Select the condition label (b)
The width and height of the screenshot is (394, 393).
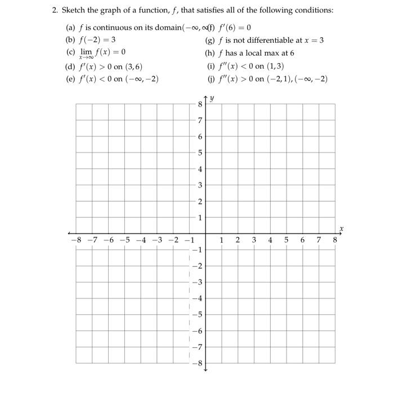point(71,40)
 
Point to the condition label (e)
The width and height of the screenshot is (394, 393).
point(71,79)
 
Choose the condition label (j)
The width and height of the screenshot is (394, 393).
point(211,79)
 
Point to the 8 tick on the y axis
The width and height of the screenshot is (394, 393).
point(199,104)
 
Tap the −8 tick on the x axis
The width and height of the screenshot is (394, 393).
point(75,240)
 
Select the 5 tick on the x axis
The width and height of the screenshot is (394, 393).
point(286,240)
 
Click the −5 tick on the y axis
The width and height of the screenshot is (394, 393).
point(198,314)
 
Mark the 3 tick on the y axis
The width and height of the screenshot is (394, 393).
point(199,185)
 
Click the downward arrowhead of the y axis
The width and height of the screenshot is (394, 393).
point(205,369)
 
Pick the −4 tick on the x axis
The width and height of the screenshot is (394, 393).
point(141,240)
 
